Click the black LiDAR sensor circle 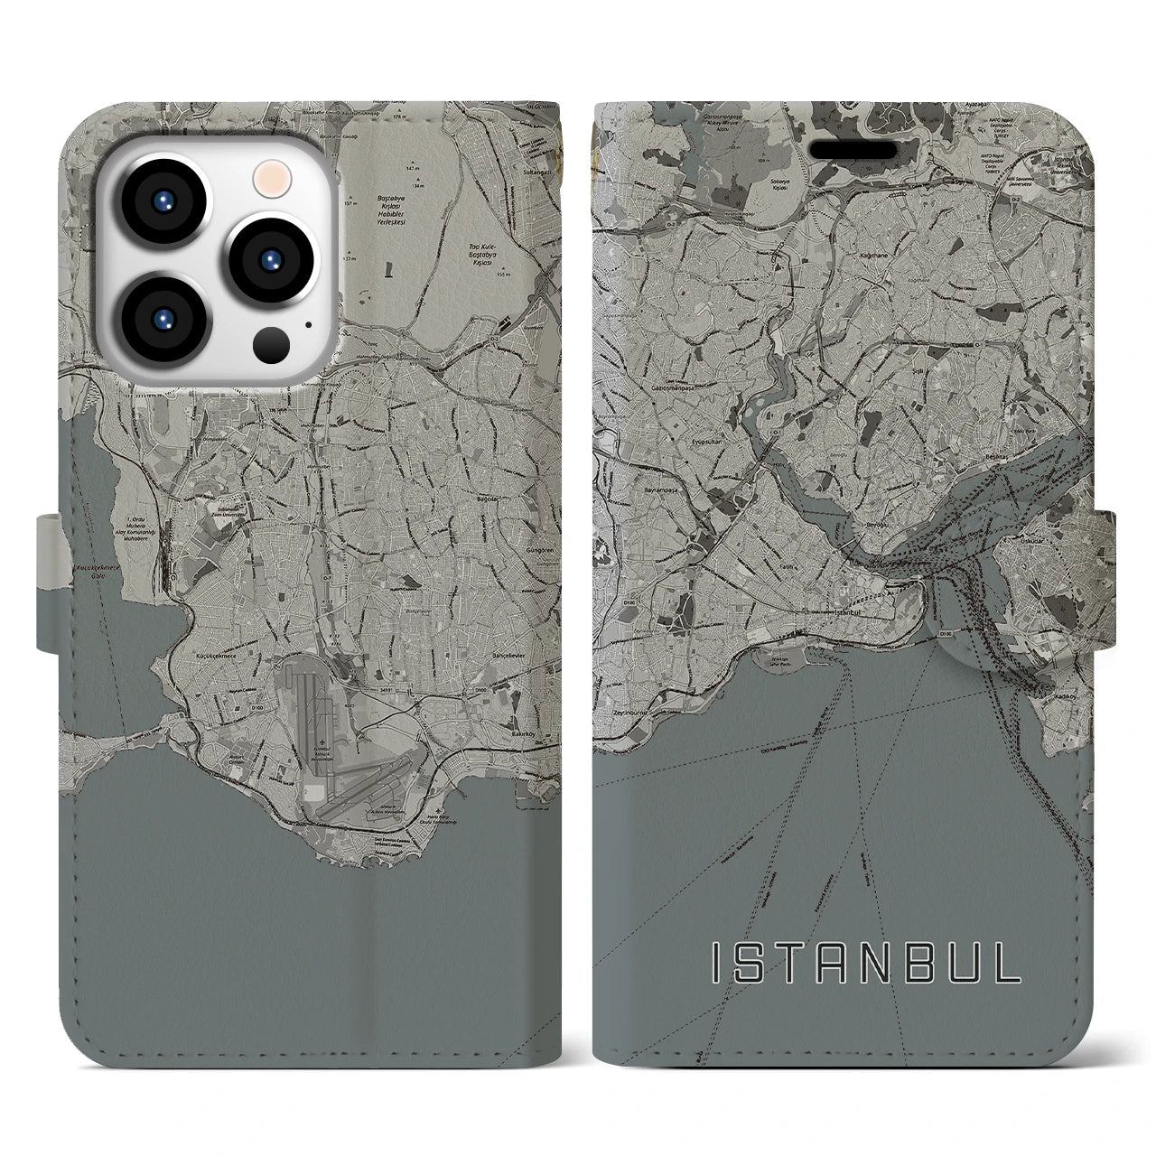[x=272, y=344]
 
